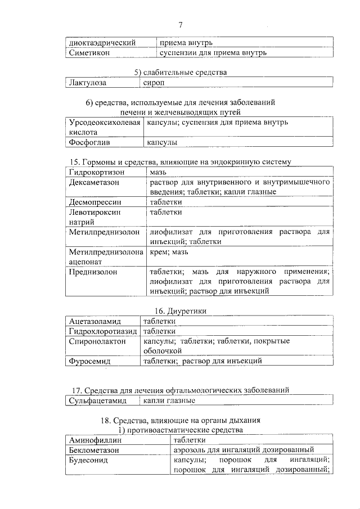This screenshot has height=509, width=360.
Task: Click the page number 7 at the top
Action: tap(181, 24)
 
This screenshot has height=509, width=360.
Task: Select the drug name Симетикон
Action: tap(89, 52)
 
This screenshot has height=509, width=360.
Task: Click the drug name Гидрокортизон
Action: tap(96, 172)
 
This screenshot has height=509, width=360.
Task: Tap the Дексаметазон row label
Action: tap(94, 182)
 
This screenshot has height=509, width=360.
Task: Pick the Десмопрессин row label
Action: tap(95, 202)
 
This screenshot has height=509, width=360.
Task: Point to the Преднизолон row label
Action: tap(93, 272)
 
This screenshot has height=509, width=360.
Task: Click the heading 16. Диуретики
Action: tap(180, 310)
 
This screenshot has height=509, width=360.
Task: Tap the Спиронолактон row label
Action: tap(97, 341)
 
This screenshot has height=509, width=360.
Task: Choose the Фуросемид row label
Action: tap(89, 361)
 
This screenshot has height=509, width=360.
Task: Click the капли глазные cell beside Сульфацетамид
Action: tap(169, 400)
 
